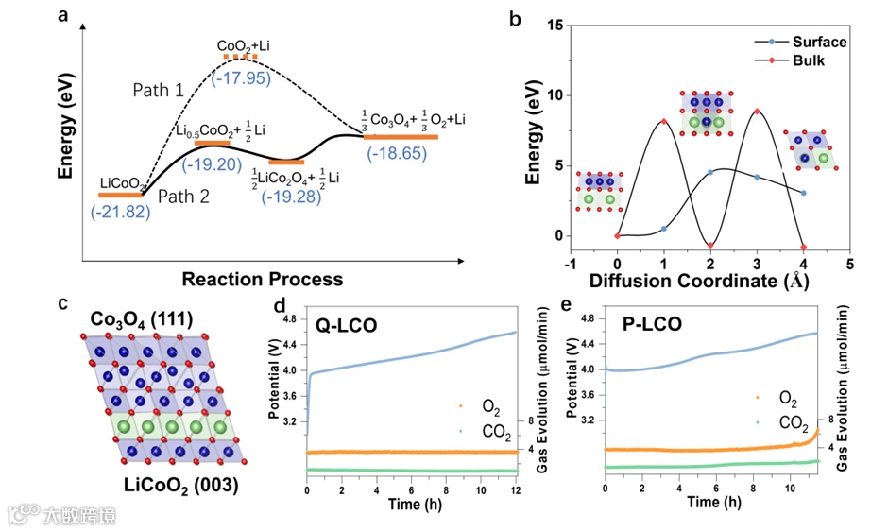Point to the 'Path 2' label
[x=180, y=197]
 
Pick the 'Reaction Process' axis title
[x=263, y=279]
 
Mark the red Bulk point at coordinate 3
[x=757, y=112]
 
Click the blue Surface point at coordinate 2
[x=710, y=172]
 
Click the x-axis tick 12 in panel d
[x=516, y=492]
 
